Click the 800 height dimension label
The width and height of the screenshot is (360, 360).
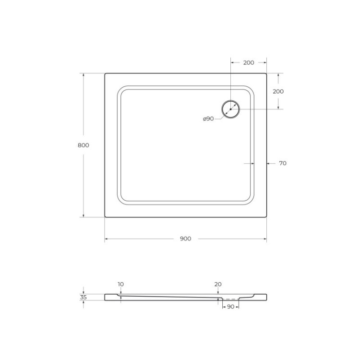point(83,145)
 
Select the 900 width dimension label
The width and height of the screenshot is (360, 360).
point(186,239)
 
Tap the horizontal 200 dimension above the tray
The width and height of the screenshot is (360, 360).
point(249,62)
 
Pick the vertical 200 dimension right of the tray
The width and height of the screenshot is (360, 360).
point(278,91)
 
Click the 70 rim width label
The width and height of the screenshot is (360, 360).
point(283,163)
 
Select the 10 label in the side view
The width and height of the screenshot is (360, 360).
point(120,284)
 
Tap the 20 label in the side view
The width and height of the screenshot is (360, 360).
point(218,284)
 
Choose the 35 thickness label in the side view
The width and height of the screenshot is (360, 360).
point(84,297)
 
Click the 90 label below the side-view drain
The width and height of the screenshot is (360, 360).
point(230,306)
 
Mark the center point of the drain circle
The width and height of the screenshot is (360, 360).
point(230,109)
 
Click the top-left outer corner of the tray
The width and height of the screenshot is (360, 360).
point(105,73)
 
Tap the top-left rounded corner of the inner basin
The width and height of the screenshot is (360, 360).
point(120,89)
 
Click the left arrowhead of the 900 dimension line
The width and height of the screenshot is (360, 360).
point(107,239)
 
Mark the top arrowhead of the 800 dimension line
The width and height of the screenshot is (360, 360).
point(84,75)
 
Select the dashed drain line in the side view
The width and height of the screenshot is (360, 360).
point(230,299)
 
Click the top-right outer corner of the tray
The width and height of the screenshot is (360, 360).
point(266,73)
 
